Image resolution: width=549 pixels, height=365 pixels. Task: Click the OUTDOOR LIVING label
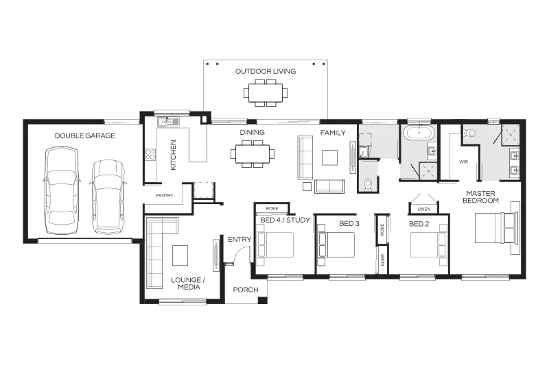point(266,72)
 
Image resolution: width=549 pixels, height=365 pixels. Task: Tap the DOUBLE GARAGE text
point(84,136)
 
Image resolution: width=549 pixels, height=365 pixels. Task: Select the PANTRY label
point(164,195)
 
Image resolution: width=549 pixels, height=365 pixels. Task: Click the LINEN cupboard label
point(424,210)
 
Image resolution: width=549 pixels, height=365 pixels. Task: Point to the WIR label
point(464,162)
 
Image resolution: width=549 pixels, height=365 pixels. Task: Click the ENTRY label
point(240,239)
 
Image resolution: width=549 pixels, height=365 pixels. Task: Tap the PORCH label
point(246,290)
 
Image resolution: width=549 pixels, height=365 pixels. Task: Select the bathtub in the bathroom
point(419,133)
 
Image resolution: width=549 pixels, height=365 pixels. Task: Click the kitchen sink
point(168,122)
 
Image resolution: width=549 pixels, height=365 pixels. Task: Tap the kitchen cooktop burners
point(150,154)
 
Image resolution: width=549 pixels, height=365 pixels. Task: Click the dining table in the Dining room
point(253,154)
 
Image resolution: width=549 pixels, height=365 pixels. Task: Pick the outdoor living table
point(266,93)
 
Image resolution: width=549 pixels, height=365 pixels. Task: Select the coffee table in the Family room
point(330,158)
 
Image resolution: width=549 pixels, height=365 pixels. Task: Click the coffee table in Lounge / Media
point(180,255)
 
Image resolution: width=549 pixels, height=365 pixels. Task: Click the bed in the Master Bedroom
point(495,228)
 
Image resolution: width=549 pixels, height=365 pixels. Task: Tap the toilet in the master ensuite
point(469,132)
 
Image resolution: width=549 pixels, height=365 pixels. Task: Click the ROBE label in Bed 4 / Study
point(272,208)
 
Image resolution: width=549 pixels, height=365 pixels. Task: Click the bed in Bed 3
point(336,245)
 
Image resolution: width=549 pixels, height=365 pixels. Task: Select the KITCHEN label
point(173,155)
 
